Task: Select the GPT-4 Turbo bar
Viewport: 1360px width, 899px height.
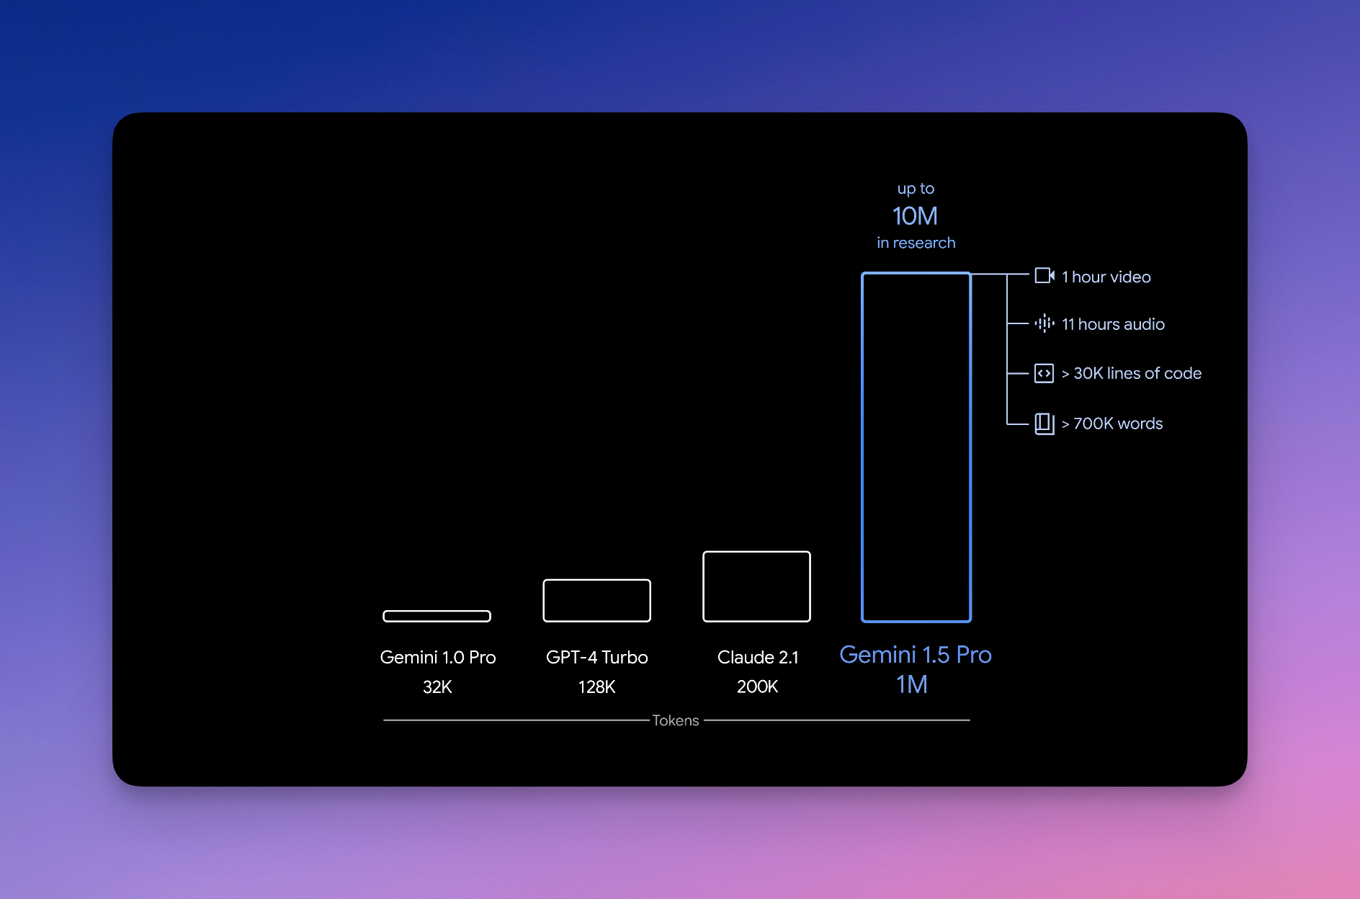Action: tap(596, 581)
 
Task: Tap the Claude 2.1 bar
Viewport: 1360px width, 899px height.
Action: tap(756, 553)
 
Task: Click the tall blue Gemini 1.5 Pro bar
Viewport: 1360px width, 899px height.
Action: tap(863, 447)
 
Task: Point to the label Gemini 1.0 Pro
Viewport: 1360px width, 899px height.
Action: tap(438, 657)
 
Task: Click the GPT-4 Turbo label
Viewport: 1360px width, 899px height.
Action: tap(596, 657)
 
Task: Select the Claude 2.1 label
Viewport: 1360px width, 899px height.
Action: tap(758, 657)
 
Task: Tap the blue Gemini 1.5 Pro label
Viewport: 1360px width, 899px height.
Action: tap(916, 654)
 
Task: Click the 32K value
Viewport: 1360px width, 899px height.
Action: tap(437, 686)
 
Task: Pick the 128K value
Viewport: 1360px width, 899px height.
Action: tap(596, 686)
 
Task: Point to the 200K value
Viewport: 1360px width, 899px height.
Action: tap(757, 686)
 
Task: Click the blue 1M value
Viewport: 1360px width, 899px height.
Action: tap(912, 684)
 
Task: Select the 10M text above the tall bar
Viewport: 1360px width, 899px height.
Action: tap(915, 215)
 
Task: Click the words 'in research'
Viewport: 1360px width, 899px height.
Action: tap(916, 243)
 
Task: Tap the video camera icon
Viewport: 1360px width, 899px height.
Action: tap(1044, 275)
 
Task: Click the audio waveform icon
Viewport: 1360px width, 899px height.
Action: tap(1044, 323)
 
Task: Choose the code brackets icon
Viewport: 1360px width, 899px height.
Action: tap(1044, 373)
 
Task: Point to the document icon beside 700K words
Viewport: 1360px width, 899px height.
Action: tap(1044, 424)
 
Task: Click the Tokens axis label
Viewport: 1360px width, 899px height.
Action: tap(676, 720)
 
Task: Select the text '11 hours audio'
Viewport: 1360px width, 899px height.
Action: tap(1113, 324)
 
